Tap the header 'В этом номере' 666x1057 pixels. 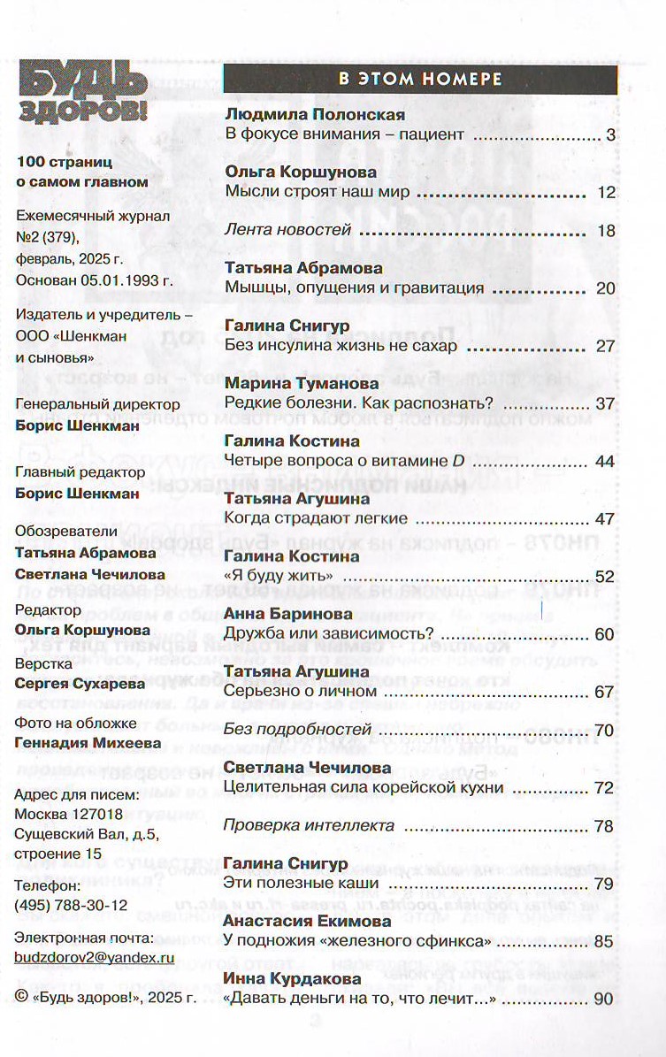pos(420,79)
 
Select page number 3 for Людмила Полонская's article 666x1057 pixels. pos(609,135)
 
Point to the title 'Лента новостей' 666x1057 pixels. pos(288,231)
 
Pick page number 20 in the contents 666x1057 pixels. pos(605,288)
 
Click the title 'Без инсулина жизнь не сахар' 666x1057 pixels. pos(341,346)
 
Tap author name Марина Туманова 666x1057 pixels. pos(302,384)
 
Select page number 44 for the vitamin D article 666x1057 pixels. pos(605,461)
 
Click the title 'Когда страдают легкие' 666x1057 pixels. pos(316,518)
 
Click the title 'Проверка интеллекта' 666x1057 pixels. pos(309,826)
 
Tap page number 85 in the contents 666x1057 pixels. pos(605,941)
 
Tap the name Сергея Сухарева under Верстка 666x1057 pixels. pos(72,683)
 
